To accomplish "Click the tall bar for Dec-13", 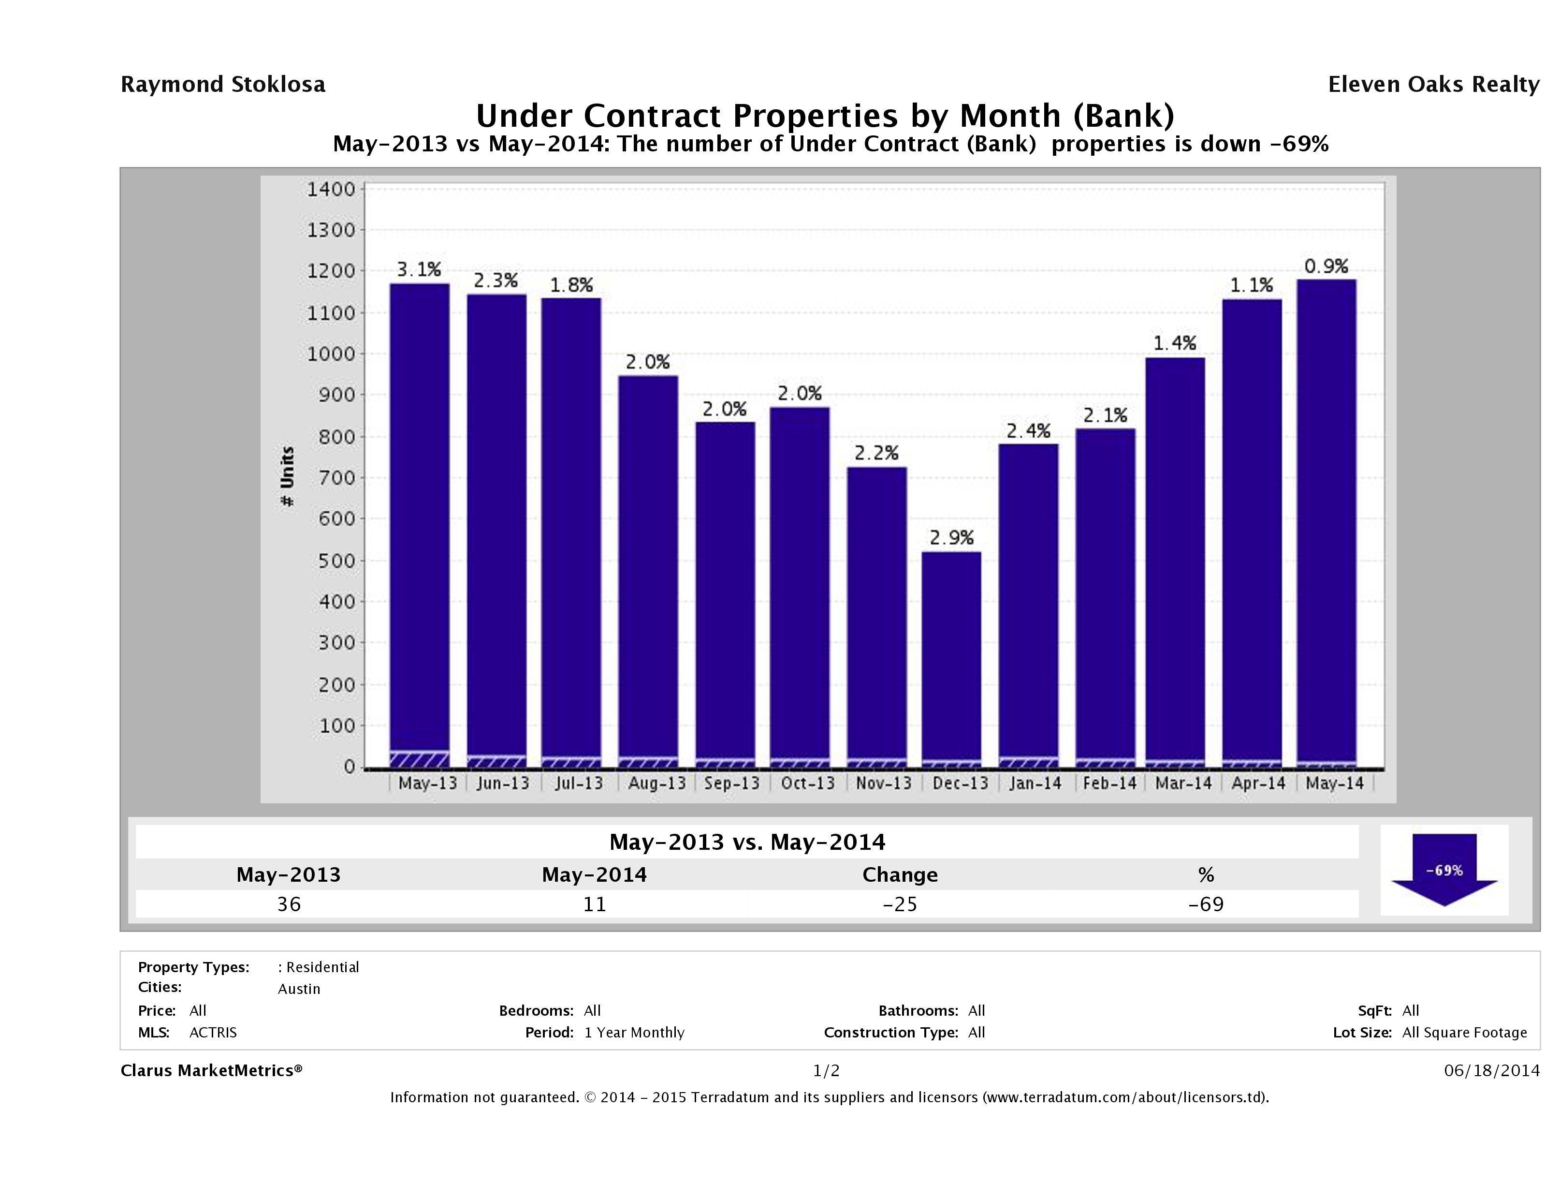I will click(x=951, y=656).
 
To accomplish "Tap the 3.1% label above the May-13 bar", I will click(x=419, y=269).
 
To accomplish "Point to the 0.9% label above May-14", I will click(x=1326, y=266).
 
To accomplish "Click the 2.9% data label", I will click(x=951, y=538).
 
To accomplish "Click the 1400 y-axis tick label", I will click(x=330, y=189).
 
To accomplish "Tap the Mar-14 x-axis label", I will click(x=1183, y=783).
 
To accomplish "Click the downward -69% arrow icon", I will click(x=1444, y=869).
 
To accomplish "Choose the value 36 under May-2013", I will click(x=289, y=904).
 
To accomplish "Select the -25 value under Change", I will click(x=900, y=904).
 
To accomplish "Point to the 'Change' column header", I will click(x=900, y=875).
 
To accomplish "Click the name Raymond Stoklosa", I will click(x=223, y=85).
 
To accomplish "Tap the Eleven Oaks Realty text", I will click(x=1433, y=85).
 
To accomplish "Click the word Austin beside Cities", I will click(x=299, y=989).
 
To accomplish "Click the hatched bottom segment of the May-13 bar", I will click(x=420, y=759).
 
